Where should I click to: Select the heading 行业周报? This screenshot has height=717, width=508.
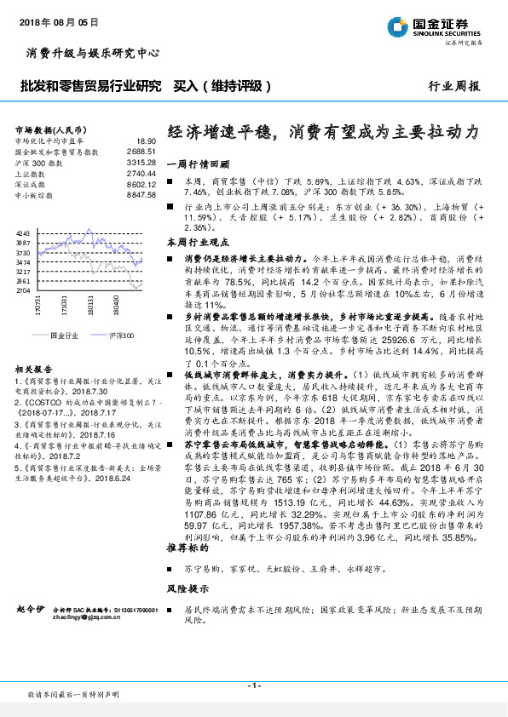[x=453, y=86]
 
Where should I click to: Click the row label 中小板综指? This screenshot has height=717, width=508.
[x=36, y=195]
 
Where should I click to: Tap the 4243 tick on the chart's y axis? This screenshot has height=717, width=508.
[x=23, y=232]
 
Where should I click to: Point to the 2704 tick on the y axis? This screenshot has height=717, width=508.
[x=23, y=291]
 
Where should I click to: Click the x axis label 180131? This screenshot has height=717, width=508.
[x=90, y=309]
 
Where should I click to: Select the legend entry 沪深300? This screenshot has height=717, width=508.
[x=120, y=336]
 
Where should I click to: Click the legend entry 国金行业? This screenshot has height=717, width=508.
[x=63, y=336]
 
